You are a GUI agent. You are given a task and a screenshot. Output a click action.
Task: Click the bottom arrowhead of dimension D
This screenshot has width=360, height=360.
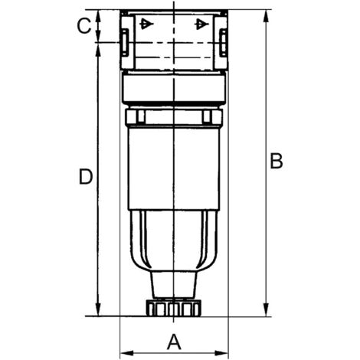(x=98, y=309)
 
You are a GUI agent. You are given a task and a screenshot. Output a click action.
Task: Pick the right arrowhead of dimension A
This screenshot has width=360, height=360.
(x=224, y=353)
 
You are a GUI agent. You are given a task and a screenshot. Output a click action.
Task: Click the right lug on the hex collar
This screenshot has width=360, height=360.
(x=206, y=117)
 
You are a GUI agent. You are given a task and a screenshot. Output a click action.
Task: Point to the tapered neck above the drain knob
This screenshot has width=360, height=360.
(x=173, y=285)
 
